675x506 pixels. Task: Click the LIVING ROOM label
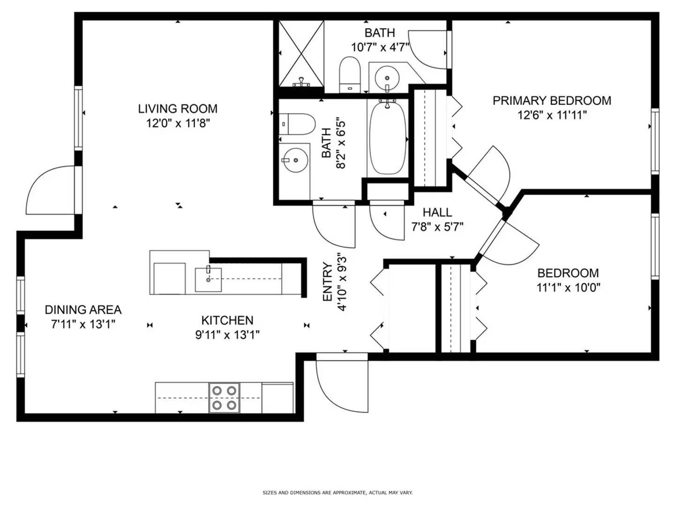point(178,109)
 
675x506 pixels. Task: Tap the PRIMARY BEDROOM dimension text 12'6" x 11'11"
point(552,115)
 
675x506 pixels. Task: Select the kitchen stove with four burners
point(224,398)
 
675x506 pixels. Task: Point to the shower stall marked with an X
point(301,53)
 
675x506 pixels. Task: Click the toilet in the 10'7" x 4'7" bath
point(349,74)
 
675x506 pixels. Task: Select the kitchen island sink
point(208,279)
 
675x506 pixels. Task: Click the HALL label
point(437,212)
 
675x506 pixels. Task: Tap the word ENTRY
point(328,282)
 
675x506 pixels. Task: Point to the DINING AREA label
point(83,310)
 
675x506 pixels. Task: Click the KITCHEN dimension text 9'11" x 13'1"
point(227,335)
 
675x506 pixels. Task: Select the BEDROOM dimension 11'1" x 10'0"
point(568,288)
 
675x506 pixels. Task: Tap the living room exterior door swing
point(49,192)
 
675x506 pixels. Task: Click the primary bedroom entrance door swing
point(490,173)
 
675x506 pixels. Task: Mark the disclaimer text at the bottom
point(337,492)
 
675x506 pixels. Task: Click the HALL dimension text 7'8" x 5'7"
point(437,227)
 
